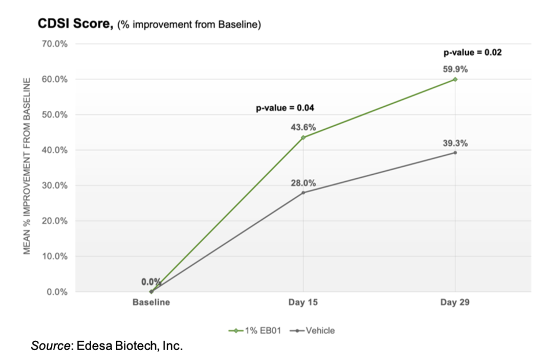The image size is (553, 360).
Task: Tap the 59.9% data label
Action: pos(455,69)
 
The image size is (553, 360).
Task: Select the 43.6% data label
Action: pos(303,127)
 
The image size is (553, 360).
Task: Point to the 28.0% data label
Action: pos(303,183)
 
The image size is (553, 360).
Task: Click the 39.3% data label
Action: pos(455,143)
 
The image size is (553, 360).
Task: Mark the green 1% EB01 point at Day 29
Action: pos(455,79)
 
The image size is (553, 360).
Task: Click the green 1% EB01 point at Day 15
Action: pos(303,137)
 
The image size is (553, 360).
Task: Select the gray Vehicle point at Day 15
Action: pos(303,192)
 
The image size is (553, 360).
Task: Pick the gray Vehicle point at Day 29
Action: pos(455,152)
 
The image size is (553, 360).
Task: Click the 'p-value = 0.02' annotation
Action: pos(472,52)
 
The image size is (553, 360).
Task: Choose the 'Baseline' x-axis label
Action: pos(151,302)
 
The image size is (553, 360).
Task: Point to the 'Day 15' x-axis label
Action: pos(303,302)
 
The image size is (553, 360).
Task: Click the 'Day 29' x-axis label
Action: pos(455,302)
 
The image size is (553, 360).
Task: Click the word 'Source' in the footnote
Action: pos(49,346)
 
